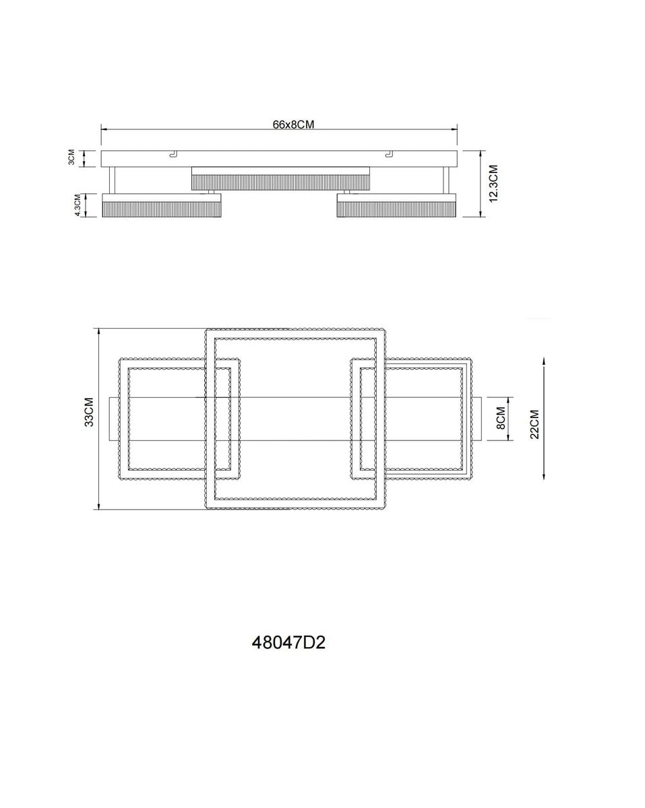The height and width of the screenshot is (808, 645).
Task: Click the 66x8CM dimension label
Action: click(x=293, y=125)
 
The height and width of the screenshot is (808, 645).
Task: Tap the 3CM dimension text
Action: click(x=71, y=158)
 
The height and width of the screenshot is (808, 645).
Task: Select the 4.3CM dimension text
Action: click(x=78, y=205)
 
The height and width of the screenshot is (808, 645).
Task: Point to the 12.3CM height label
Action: click(x=493, y=183)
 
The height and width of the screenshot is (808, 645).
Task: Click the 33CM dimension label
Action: click(x=90, y=412)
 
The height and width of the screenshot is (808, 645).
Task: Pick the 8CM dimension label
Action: click(x=501, y=418)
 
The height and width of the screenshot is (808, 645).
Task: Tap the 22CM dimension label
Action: click(x=534, y=424)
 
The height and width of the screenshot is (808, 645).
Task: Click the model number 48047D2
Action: click(x=288, y=642)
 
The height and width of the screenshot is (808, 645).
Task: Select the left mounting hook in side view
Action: click(x=173, y=154)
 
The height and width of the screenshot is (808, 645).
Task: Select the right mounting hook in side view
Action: click(x=389, y=154)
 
